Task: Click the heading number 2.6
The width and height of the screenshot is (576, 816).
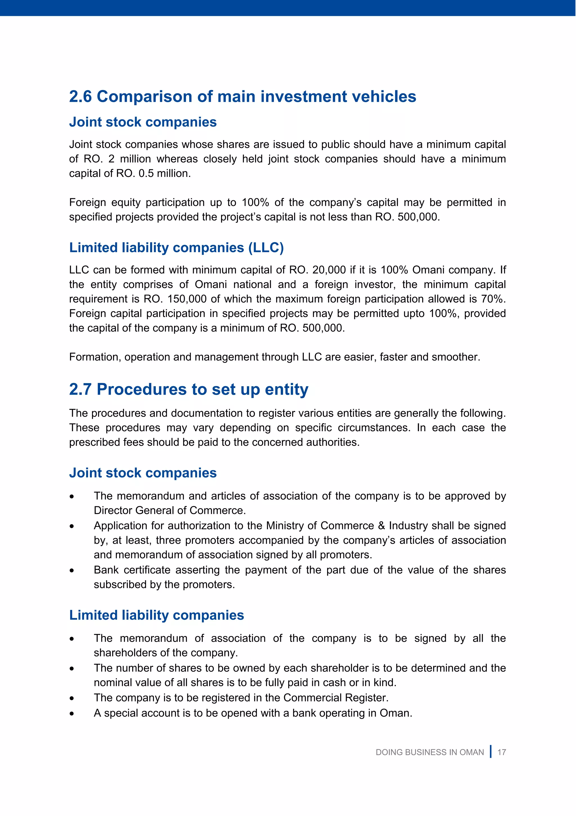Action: point(80,97)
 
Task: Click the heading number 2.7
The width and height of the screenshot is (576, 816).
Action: point(80,390)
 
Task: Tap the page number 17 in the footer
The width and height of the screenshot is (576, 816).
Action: point(501,752)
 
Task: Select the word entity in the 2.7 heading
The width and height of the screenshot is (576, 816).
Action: point(286,390)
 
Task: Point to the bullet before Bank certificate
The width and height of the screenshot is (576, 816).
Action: point(72,571)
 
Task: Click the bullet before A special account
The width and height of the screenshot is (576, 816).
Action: point(72,714)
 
